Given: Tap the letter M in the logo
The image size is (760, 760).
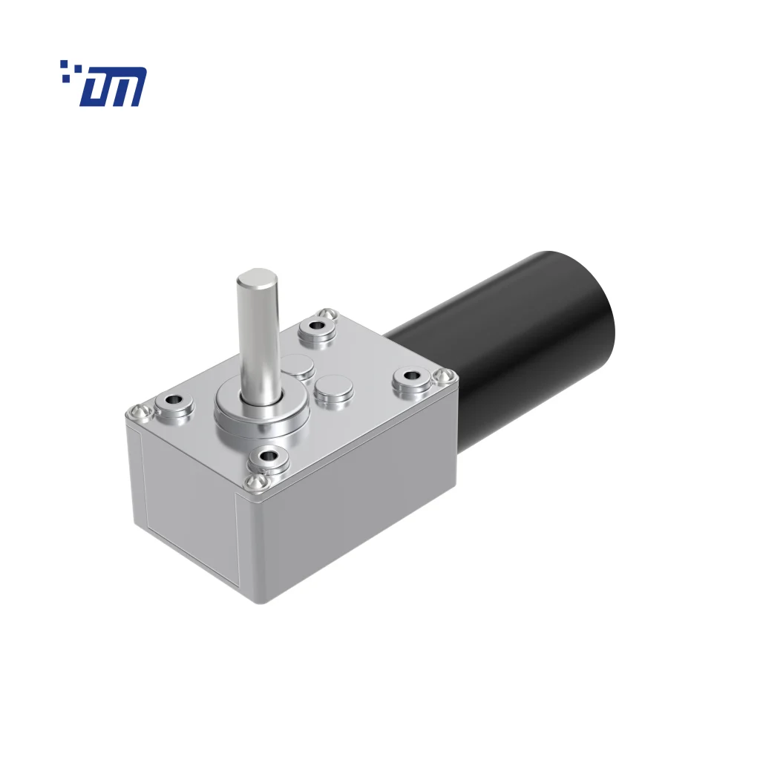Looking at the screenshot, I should tap(127, 87).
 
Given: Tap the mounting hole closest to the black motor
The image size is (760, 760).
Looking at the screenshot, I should tap(412, 381).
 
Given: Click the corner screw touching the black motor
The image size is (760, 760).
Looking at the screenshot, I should tap(445, 376).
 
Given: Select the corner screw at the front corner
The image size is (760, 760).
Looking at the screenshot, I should tap(254, 482).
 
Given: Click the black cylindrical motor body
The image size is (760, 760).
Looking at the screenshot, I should tap(520, 334).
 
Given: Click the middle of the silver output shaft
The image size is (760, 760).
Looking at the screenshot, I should tap(257, 334).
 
